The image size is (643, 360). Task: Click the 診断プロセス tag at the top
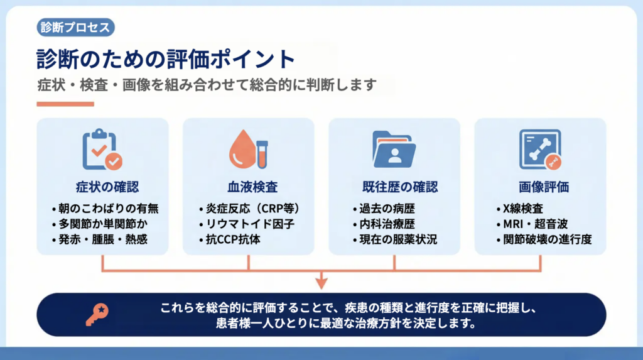[75, 28]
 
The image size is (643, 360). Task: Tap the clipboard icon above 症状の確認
[102, 150]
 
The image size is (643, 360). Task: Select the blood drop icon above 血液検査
[248, 150]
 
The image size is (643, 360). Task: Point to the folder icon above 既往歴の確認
[394, 150]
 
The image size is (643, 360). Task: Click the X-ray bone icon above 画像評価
[540, 150]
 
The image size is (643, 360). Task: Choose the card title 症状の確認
[103, 187]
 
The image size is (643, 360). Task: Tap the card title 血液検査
[249, 187]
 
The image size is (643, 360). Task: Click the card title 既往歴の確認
[394, 187]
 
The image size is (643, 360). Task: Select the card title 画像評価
[540, 187]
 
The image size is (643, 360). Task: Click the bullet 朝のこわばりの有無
[104, 208]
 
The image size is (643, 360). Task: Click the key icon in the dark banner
[96, 314]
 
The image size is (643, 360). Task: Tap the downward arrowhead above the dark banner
[321, 283]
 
